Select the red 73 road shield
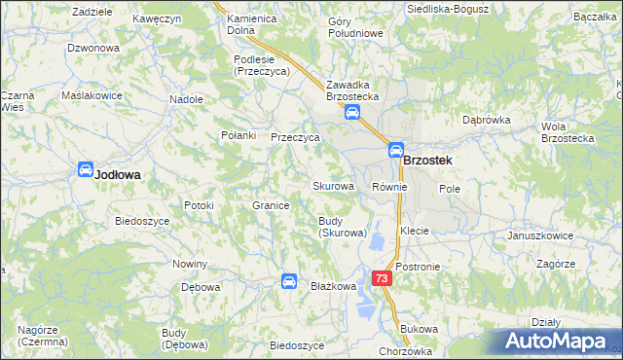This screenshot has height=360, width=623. [x=382, y=278]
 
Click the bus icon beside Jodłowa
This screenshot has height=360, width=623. [x=85, y=169]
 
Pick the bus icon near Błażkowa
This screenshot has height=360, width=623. [x=289, y=281]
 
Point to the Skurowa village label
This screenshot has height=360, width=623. [x=332, y=186]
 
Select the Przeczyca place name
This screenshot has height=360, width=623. [x=295, y=138]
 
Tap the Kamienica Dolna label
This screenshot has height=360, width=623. [x=253, y=24]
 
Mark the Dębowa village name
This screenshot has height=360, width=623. [x=202, y=288]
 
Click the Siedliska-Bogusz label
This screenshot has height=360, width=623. [x=447, y=8]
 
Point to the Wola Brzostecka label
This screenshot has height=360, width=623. [x=568, y=132]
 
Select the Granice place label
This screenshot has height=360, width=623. [x=272, y=206]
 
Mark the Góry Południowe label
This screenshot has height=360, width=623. [x=355, y=26]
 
